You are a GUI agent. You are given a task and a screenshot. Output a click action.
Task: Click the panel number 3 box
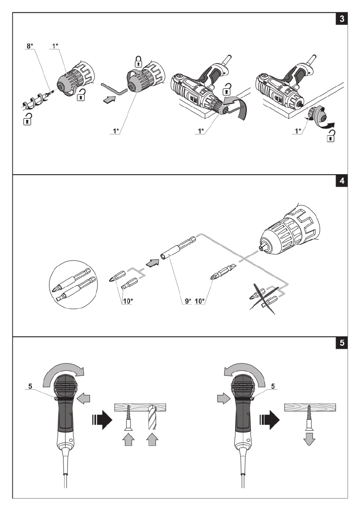(x=342, y=19)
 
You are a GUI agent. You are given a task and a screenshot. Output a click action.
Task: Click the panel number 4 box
(x=342, y=181)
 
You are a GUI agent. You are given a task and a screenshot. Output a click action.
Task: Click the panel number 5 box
(x=342, y=343)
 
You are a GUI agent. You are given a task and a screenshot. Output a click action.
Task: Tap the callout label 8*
(x=30, y=46)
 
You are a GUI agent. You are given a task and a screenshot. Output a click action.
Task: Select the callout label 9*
(x=188, y=301)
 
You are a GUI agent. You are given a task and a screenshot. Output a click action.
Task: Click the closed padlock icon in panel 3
(x=139, y=61)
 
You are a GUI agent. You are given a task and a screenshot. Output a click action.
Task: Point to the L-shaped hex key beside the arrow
(x=114, y=89)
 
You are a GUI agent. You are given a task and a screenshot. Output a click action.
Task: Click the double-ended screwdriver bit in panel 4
(x=223, y=272)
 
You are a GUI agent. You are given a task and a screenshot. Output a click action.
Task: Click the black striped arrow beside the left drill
(x=102, y=420)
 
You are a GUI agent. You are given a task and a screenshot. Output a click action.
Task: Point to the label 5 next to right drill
(x=273, y=386)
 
